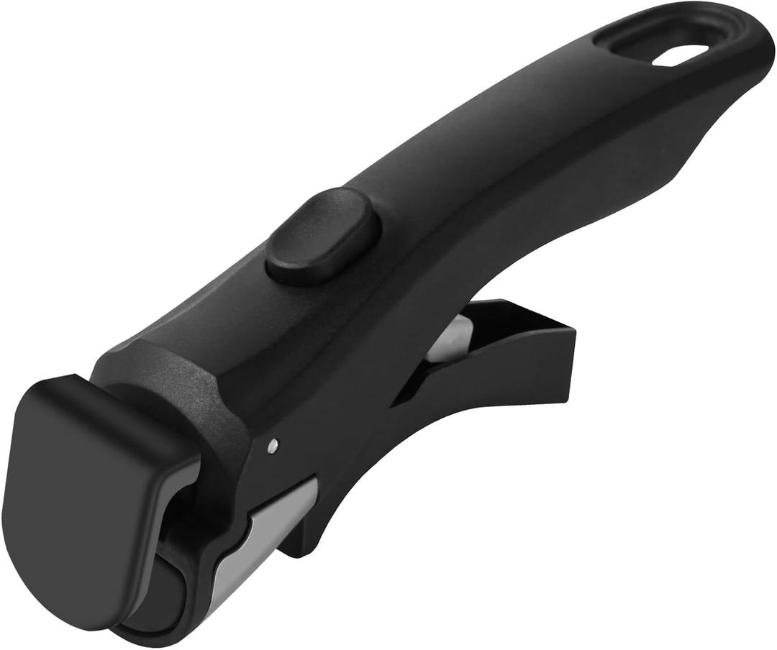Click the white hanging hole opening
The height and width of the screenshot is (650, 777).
[x=681, y=55]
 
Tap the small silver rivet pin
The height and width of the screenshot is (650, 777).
[x=272, y=446]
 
